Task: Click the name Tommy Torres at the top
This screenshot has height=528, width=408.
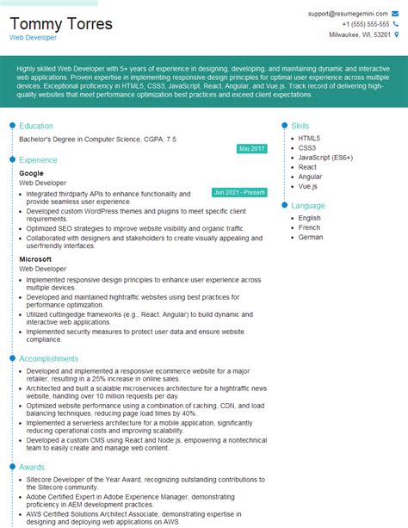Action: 61,23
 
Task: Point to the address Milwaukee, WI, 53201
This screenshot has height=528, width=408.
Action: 360,34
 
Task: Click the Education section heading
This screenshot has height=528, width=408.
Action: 36,126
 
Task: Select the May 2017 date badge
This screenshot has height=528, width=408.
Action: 252,149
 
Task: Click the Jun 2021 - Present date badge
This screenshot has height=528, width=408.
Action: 239,191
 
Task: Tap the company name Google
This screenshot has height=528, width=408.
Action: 31,173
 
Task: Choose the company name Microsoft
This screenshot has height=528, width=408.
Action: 35,259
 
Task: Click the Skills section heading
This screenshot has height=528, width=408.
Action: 300,126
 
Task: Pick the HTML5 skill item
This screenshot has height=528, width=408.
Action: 309,138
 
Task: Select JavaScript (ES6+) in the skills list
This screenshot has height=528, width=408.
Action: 325,158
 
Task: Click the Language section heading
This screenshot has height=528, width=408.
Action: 308,206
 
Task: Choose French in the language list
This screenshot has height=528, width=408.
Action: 310,227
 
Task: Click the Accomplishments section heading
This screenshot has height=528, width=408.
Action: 48,358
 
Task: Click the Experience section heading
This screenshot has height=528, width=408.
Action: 38,159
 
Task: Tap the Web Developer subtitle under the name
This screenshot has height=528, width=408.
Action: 33,38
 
